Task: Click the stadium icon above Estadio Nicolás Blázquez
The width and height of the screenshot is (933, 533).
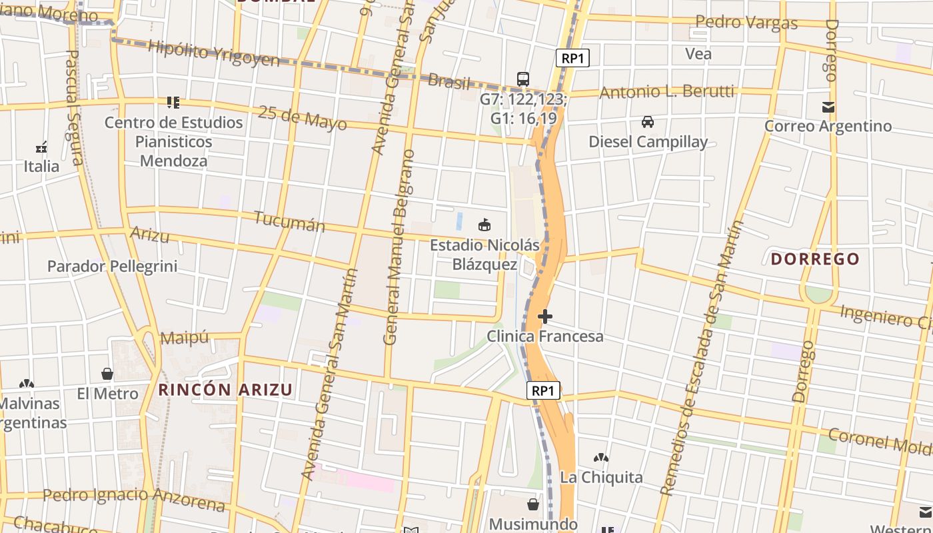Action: tap(484, 225)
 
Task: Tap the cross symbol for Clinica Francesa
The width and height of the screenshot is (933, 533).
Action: tap(545, 316)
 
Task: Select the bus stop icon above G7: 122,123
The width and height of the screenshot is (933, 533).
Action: tap(523, 79)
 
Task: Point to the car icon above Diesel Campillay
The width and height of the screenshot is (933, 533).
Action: tap(647, 122)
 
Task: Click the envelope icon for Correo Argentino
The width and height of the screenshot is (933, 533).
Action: tap(828, 107)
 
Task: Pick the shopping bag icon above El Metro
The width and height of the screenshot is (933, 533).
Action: tap(107, 374)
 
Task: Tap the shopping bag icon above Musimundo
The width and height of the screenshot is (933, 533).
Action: tap(532, 504)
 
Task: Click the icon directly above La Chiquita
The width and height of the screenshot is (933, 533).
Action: tap(600, 458)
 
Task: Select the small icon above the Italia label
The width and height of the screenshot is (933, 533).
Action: tap(41, 147)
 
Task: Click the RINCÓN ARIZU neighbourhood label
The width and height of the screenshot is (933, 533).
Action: tap(225, 390)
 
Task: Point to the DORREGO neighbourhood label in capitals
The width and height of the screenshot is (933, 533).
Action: tap(815, 259)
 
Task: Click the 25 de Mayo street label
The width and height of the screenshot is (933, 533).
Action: tap(303, 118)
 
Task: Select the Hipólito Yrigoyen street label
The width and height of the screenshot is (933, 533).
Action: tap(213, 53)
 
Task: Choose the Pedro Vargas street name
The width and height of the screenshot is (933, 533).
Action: tap(746, 23)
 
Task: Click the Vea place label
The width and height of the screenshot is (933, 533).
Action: tap(698, 54)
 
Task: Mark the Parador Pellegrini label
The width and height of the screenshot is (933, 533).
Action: tap(112, 266)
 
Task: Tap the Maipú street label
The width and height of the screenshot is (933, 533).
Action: tap(185, 338)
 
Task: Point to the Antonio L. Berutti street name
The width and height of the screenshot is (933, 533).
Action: tap(666, 92)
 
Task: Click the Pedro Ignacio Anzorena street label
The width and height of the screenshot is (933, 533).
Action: tap(134, 497)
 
